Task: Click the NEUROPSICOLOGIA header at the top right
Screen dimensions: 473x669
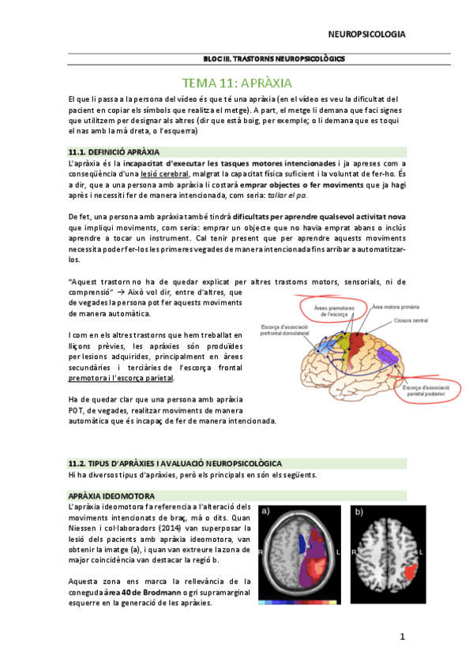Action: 366,34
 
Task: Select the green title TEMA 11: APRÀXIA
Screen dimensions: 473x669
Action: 238,82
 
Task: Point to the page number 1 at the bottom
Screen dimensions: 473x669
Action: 401,636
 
